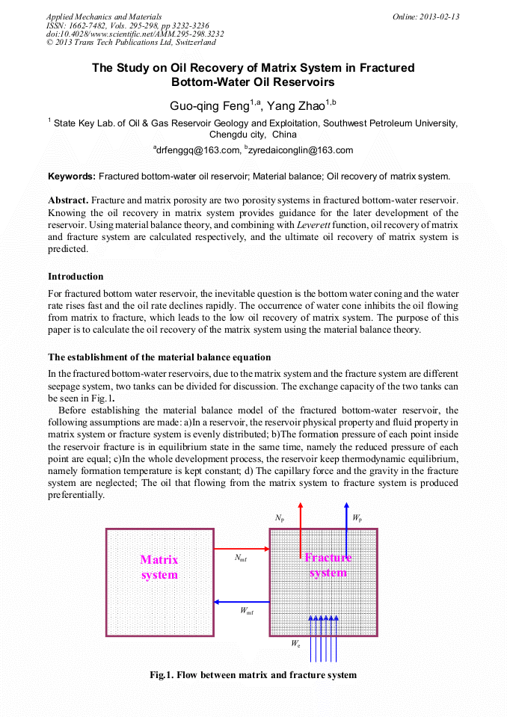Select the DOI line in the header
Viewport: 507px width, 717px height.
[x=135, y=34]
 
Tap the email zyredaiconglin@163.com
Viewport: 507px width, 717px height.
[x=299, y=150]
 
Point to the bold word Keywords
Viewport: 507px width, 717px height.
[x=72, y=177]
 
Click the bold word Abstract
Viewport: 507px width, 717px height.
[x=68, y=200]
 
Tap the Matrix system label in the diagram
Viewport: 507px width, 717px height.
[x=159, y=567]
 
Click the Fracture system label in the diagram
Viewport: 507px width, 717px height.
[x=328, y=565]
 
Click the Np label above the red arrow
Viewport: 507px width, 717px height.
[x=280, y=517]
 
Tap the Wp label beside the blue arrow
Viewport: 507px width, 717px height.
[x=357, y=517]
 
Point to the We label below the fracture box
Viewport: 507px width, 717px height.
[x=296, y=642]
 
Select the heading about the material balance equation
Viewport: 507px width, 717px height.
[x=159, y=357]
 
